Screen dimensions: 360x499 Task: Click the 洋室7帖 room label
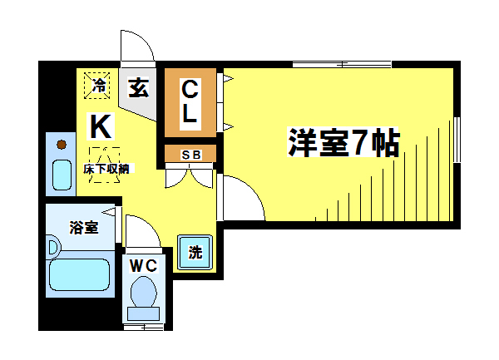343,142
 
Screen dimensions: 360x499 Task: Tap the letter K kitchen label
100,126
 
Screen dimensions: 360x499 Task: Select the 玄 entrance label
139,87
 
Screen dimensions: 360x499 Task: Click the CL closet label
190,102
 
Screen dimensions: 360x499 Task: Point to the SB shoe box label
190,155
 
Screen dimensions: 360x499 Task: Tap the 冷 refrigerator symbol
99,84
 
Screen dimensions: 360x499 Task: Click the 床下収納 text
106,169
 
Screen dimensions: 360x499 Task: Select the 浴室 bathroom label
83,227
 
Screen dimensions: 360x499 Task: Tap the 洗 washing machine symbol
195,254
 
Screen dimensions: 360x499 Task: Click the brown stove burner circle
61,145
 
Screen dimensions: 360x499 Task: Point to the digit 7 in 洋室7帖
355,143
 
